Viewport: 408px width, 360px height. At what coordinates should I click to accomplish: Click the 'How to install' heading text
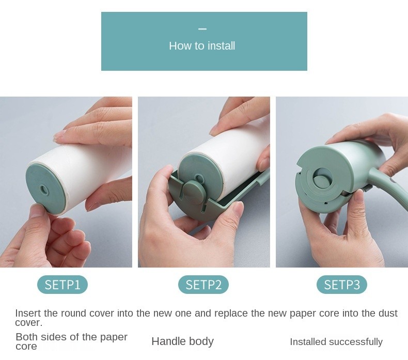click(202, 46)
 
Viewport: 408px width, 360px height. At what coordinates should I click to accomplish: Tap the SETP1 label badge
click(62, 285)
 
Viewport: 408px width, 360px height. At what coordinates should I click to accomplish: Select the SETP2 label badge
click(203, 285)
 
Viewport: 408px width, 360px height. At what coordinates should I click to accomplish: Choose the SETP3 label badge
click(342, 285)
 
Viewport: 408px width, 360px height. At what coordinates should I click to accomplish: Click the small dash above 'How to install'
click(202, 29)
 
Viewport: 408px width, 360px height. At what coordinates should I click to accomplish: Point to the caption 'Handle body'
click(183, 341)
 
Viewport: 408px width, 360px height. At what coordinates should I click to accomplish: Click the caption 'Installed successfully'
click(336, 341)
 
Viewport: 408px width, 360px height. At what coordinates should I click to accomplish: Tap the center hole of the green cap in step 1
click(43, 190)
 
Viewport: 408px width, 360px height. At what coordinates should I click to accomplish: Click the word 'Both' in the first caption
click(26, 337)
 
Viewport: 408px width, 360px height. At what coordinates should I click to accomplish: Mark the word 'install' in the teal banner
click(222, 46)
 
